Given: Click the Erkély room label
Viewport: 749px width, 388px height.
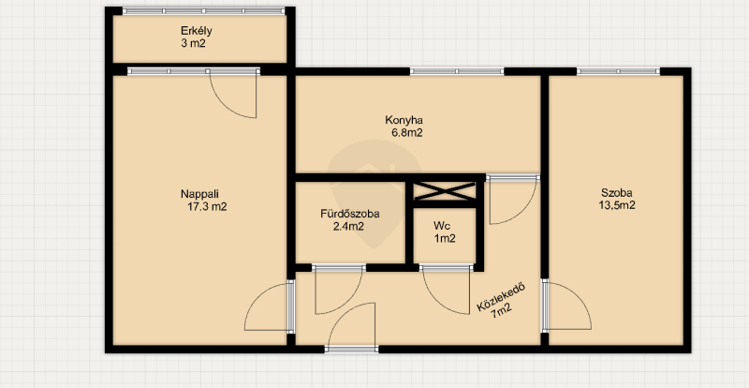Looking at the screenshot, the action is coord(196,31).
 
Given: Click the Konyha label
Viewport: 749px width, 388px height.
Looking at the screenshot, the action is coord(404,120).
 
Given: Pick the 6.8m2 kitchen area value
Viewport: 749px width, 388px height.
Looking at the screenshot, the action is coord(407,133).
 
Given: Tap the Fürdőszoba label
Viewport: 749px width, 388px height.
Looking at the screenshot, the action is coord(350,214).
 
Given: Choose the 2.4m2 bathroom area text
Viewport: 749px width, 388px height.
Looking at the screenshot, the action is coord(348,226).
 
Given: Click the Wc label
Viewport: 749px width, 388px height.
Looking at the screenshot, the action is coord(441,225).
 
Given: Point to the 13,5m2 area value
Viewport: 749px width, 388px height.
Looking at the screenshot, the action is coord(617,206).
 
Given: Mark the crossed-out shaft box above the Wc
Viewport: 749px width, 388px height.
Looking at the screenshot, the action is coord(444,192).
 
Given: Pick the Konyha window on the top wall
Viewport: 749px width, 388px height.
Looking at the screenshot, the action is coord(457,71).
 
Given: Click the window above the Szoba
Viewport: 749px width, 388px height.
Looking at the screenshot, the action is coord(618,71).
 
